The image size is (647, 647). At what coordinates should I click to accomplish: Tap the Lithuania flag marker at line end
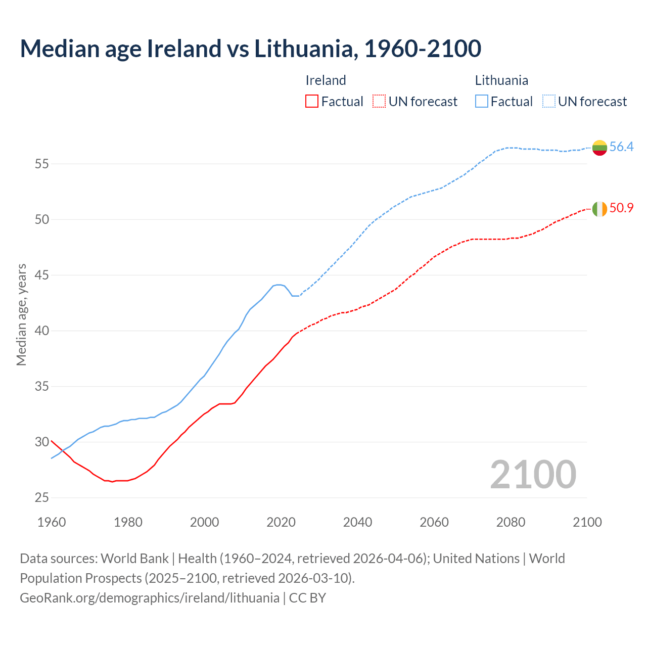(599, 148)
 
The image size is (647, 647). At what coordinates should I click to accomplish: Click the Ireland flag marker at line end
(599, 208)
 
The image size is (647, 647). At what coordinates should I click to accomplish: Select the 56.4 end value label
(621, 147)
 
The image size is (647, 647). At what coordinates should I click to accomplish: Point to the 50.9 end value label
(621, 208)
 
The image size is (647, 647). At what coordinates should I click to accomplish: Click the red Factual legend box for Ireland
(312, 102)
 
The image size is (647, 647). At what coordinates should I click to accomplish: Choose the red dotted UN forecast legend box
(379, 102)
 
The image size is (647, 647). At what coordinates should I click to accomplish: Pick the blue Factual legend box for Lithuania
(481, 102)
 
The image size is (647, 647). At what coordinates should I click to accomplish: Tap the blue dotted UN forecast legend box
(548, 102)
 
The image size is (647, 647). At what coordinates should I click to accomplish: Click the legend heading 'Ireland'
(326, 80)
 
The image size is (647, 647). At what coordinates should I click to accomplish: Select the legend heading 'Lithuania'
(501, 80)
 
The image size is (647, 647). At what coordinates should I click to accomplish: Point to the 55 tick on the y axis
(42, 164)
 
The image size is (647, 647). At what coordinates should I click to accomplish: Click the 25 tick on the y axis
(42, 498)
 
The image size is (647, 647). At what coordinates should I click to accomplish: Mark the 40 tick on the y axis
(42, 331)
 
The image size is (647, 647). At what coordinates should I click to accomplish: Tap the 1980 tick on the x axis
(128, 522)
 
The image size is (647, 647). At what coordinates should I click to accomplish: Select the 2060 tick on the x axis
(434, 522)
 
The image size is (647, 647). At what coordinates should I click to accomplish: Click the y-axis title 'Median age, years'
(21, 314)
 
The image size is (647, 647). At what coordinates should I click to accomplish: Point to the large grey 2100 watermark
(533, 474)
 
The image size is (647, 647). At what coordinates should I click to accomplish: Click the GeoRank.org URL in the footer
(150, 597)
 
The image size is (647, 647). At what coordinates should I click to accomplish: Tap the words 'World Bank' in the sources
(134, 559)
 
